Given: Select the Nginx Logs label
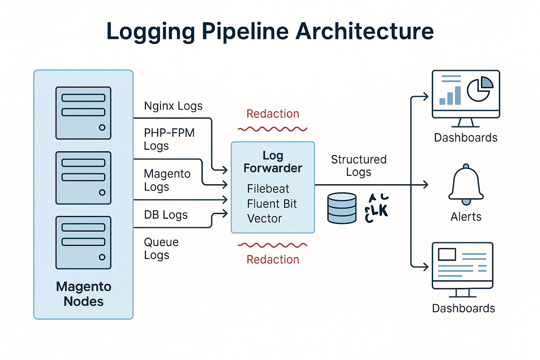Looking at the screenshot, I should click(x=173, y=106).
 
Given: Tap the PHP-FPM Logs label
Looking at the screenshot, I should click(x=169, y=139).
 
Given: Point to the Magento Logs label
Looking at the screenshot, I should click(x=167, y=180).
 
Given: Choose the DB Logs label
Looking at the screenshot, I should click(x=166, y=214).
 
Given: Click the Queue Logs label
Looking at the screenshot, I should click(x=161, y=248).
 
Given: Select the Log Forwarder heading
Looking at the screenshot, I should click(x=273, y=162).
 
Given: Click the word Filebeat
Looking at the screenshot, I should click(x=268, y=189).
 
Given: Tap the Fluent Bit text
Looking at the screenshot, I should click(x=272, y=204).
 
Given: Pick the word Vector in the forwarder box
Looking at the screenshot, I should click(x=264, y=219).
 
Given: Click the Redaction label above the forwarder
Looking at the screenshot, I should click(x=273, y=114).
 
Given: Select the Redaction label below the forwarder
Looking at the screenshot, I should click(x=273, y=259).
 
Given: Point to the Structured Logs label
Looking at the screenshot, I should click(x=359, y=166).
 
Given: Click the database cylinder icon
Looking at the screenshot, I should click(x=342, y=208).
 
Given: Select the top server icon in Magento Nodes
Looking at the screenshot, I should click(x=83, y=113).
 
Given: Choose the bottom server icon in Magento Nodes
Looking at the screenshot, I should click(x=83, y=243).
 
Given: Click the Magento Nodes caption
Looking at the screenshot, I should click(x=84, y=294).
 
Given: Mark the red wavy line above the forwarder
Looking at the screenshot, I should click(x=272, y=129).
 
